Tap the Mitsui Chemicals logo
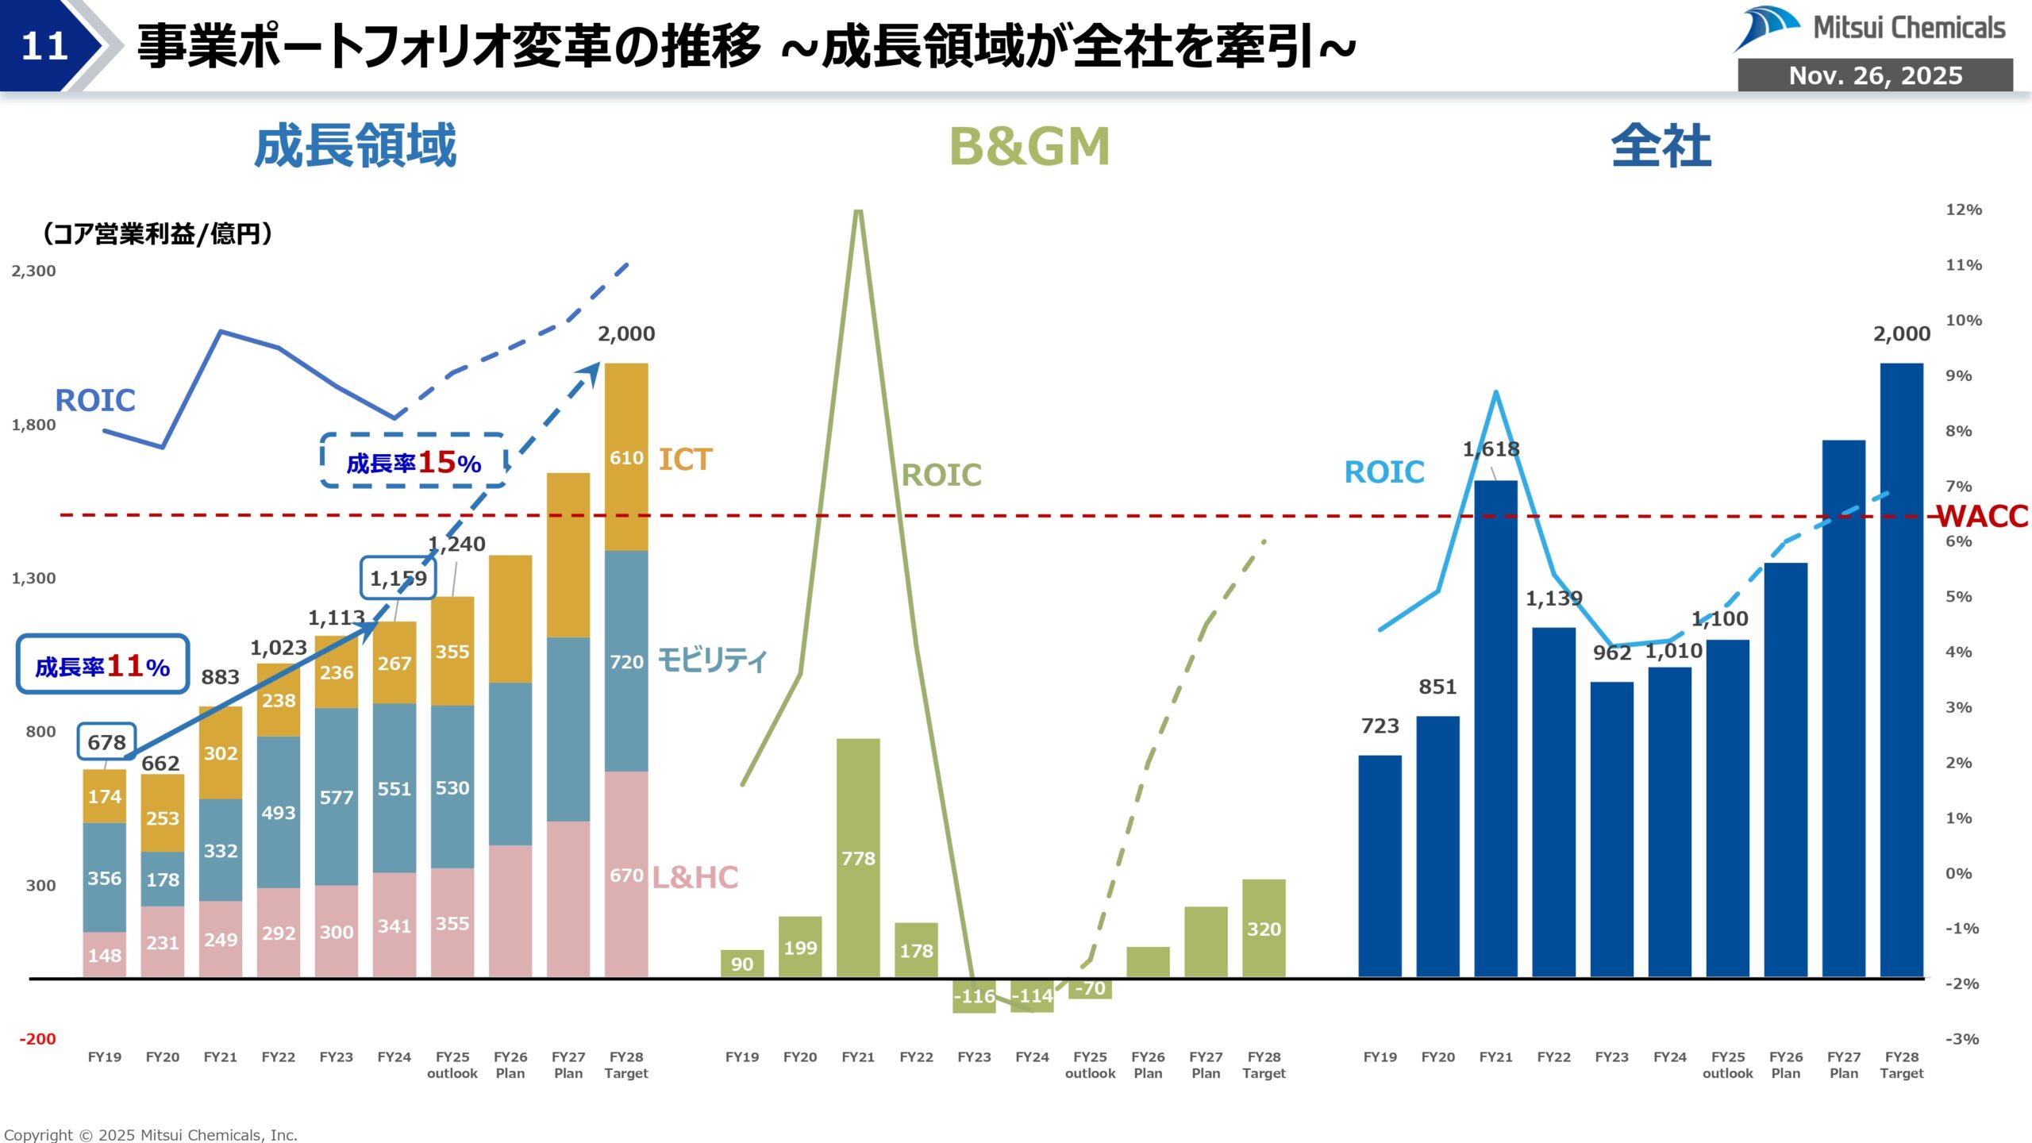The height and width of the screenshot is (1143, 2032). [1869, 29]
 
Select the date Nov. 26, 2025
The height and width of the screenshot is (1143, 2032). [1875, 75]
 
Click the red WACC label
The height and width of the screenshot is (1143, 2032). [1982, 517]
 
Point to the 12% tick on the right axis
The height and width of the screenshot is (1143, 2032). [1963, 210]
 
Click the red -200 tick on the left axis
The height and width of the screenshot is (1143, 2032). [37, 1039]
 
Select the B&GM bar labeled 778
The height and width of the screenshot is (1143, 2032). [858, 857]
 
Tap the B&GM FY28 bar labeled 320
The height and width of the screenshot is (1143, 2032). [1264, 928]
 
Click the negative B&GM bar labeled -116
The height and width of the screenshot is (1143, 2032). [974, 995]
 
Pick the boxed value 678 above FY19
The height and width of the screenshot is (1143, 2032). [106, 742]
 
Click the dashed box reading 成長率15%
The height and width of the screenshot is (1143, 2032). [414, 461]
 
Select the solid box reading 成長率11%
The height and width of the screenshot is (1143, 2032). [102, 665]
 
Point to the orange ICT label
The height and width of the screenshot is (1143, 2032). [685, 460]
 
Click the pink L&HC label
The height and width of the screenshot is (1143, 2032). [695, 877]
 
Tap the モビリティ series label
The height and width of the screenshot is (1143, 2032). [711, 660]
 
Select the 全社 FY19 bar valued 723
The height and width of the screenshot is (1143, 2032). [1380, 865]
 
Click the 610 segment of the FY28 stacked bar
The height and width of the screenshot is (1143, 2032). [626, 457]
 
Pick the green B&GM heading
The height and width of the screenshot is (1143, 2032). [1029, 147]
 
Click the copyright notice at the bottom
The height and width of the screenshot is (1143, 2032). [151, 1135]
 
